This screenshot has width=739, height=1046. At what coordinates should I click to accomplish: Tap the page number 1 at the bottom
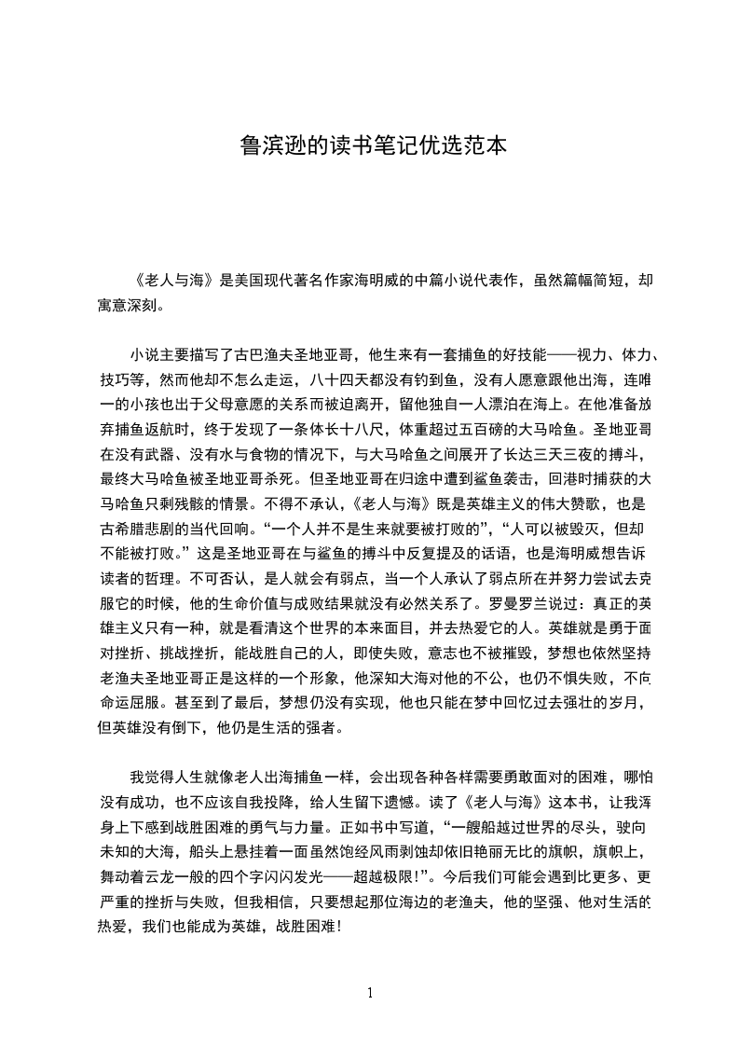tap(370, 992)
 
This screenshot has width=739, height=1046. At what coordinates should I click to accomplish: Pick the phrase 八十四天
tap(337, 379)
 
